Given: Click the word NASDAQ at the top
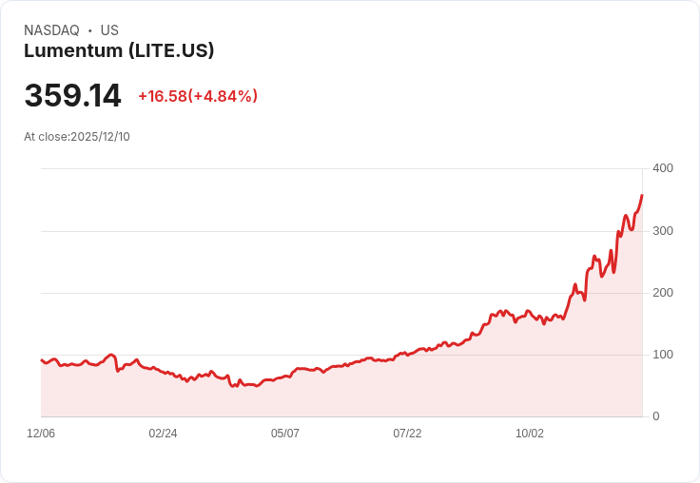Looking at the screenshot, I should [51, 30].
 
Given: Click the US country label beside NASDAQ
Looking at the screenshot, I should [109, 30].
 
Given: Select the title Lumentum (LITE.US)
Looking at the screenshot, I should [119, 50].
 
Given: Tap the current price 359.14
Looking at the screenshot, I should [73, 96].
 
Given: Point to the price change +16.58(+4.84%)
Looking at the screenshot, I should [198, 96].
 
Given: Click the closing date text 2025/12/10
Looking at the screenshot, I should [100, 137].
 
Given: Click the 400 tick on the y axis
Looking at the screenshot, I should [662, 168].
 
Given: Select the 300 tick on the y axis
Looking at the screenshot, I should [662, 231].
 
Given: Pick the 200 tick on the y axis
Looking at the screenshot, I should [662, 293].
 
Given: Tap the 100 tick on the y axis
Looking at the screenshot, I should [662, 355].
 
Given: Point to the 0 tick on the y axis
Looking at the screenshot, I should [655, 416].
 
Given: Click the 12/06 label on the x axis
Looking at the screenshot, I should [41, 434].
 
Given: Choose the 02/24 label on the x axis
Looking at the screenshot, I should [163, 434].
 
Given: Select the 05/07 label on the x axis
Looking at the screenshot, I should [285, 434].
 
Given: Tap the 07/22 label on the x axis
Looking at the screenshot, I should [407, 434].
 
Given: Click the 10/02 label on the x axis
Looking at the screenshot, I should [530, 434].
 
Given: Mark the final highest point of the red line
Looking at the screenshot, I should [642, 195].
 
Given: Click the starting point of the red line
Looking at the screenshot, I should [41, 359].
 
